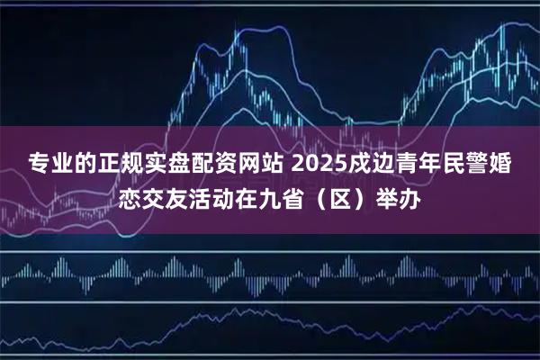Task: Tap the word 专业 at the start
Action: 49,164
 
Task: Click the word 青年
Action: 413,164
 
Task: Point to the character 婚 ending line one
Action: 502,164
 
